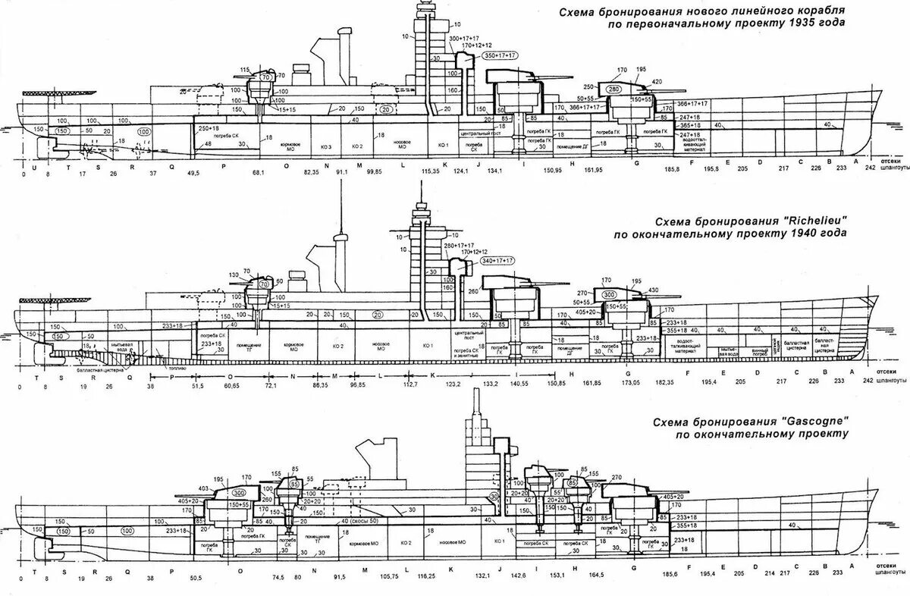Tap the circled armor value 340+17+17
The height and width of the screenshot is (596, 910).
[496, 261]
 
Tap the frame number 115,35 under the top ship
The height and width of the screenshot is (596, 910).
[431, 174]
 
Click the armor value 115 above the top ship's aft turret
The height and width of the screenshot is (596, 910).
[244, 71]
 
